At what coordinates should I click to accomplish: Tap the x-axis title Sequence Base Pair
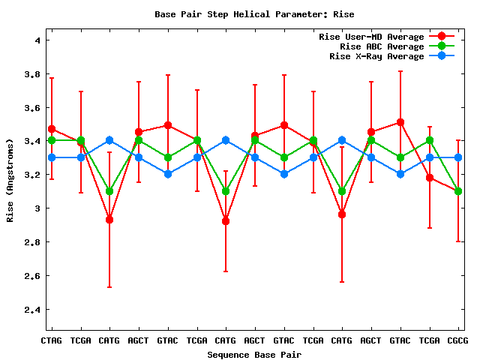click(254, 354)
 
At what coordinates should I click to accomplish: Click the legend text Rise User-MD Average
click(371, 37)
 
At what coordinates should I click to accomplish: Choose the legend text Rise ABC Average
click(382, 46)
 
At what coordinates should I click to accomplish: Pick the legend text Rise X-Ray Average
click(376, 56)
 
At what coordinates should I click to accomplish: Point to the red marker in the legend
click(442, 37)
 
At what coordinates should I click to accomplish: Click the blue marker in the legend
click(442, 56)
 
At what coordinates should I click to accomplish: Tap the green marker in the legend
click(442, 46)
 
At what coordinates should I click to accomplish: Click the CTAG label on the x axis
click(51, 340)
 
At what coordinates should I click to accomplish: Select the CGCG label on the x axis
click(458, 340)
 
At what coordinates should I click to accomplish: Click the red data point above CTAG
click(51, 129)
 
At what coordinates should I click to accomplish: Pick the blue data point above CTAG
click(51, 157)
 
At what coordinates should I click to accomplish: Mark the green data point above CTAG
click(51, 140)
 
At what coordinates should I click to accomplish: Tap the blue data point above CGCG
click(458, 157)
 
